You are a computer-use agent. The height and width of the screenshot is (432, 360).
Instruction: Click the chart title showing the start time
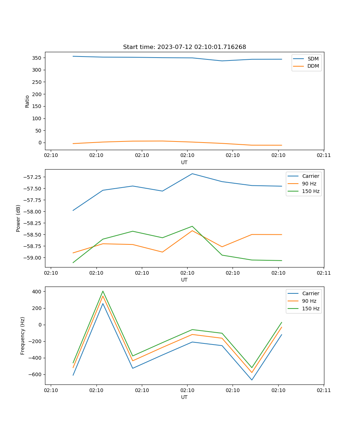pos(184,47)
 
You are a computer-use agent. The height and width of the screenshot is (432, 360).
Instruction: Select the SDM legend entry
pos(313,59)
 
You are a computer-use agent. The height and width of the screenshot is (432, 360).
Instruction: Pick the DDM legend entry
pos(313,66)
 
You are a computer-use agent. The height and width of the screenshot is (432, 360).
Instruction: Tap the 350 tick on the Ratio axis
pos(36,58)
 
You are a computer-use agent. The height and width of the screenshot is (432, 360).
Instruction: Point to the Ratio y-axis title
pos(27,101)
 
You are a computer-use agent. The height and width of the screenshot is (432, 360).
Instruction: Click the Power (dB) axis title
pos(18,218)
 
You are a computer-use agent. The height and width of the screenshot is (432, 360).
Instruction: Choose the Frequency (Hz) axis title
pos(23,336)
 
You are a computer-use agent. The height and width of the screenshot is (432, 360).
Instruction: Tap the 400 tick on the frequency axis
pos(37,291)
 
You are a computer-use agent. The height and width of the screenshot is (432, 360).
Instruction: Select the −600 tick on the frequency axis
pos(36,374)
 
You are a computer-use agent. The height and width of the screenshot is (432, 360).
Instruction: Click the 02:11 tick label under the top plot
pos(324,156)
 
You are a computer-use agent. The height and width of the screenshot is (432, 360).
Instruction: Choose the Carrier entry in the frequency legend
pos(311,293)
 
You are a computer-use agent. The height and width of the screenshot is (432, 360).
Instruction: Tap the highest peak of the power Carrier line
pos(192,174)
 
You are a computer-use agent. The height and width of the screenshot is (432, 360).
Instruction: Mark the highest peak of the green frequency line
pos(103,291)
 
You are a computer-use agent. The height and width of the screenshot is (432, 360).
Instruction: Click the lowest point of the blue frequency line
pos(252,380)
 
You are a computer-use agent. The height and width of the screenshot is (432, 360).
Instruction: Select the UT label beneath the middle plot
pos(184,280)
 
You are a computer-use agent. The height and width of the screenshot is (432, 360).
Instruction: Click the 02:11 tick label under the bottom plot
pos(324,390)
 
